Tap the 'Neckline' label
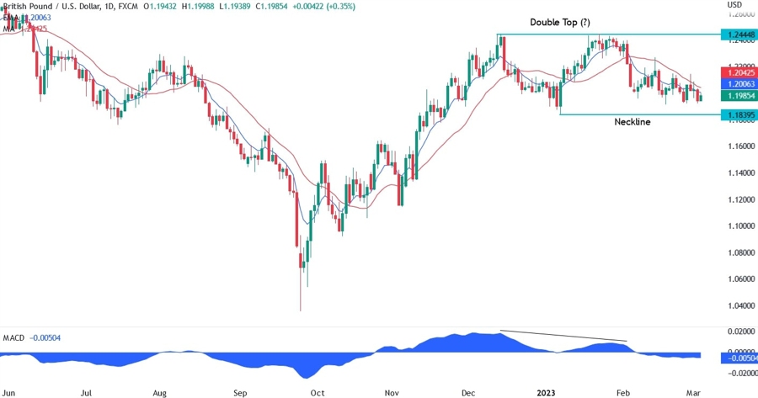[x=632, y=121]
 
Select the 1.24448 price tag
[x=737, y=34]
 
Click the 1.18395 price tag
[x=737, y=114]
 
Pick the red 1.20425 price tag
[x=737, y=73]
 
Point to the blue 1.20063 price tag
[x=737, y=85]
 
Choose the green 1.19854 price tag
[x=737, y=96]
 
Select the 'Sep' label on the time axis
[x=239, y=392]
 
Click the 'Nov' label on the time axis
[x=391, y=392]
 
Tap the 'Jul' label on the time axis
[x=86, y=392]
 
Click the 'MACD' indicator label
[x=13, y=337]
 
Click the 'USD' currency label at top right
[x=734, y=5]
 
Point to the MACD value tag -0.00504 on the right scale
[x=737, y=357]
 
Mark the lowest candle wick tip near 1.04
[x=300, y=310]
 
